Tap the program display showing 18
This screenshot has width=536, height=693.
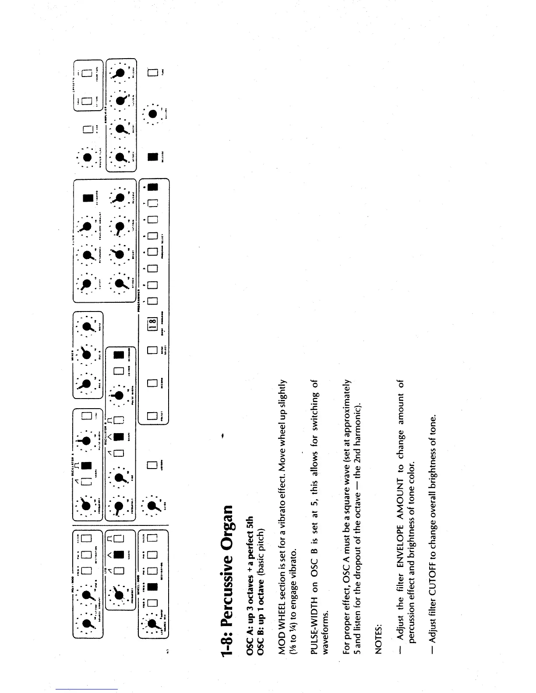tap(152, 323)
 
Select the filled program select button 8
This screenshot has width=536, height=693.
tap(152, 187)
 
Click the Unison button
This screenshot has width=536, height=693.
tap(152, 465)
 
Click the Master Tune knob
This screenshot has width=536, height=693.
tap(87, 157)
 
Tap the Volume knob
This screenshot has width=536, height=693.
tap(152, 114)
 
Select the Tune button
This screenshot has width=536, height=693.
tap(152, 73)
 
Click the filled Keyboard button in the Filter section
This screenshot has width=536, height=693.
tap(87, 198)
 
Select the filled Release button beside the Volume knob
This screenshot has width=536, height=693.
tap(152, 157)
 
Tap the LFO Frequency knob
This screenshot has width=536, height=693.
tap(119, 594)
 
